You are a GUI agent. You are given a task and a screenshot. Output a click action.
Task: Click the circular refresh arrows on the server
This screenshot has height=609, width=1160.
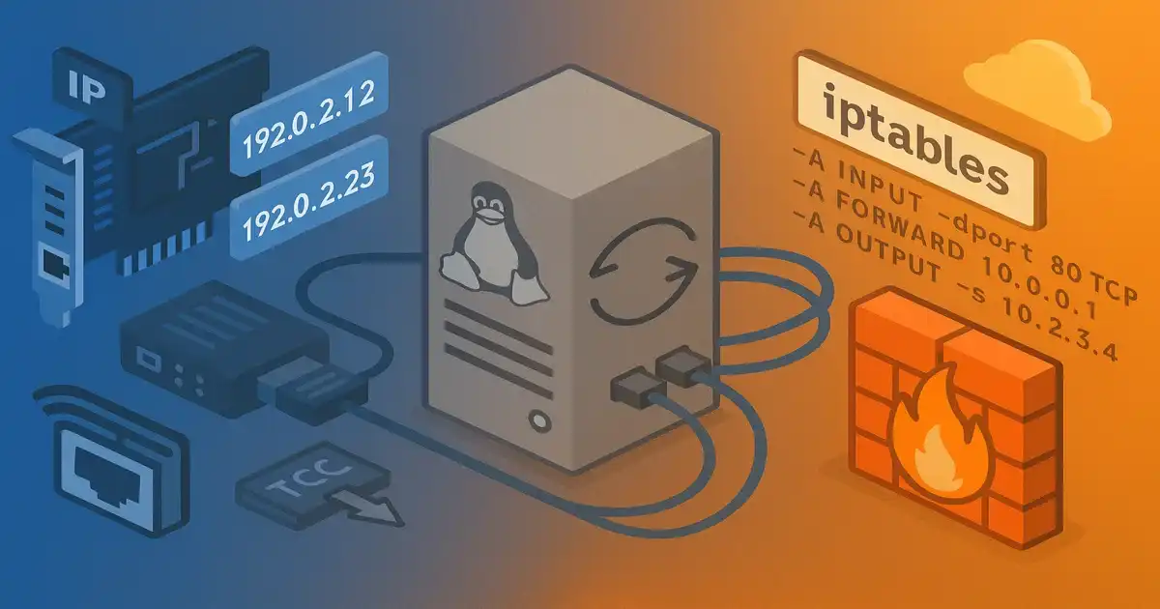coord(643,274)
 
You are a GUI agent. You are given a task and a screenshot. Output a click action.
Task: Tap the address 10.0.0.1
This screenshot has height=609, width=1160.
coord(1062,286)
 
